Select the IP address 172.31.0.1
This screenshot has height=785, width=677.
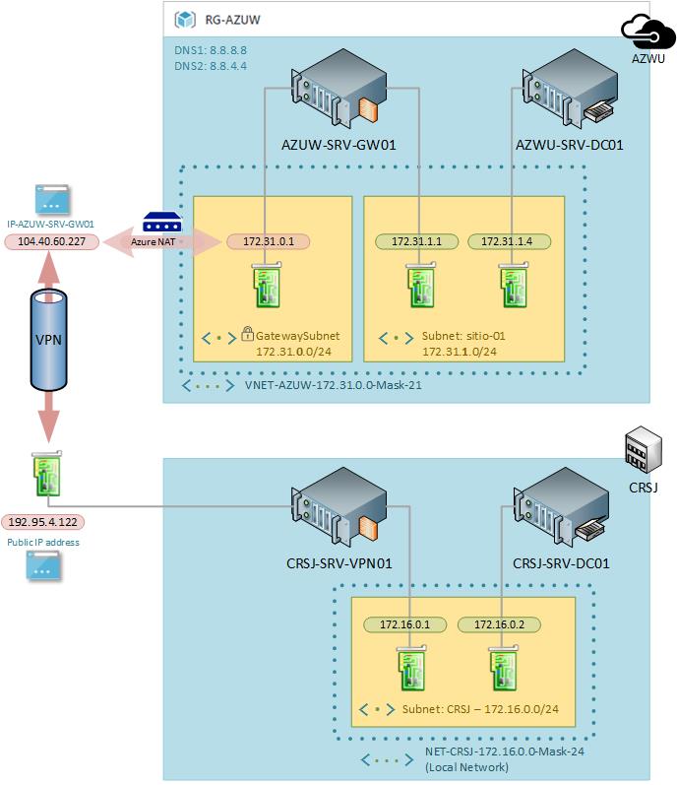(268, 240)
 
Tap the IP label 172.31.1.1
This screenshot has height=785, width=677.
(416, 240)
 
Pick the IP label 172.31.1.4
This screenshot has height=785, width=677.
(508, 240)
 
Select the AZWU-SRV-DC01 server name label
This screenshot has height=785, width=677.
(569, 145)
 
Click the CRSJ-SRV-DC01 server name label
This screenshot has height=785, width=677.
(562, 564)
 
